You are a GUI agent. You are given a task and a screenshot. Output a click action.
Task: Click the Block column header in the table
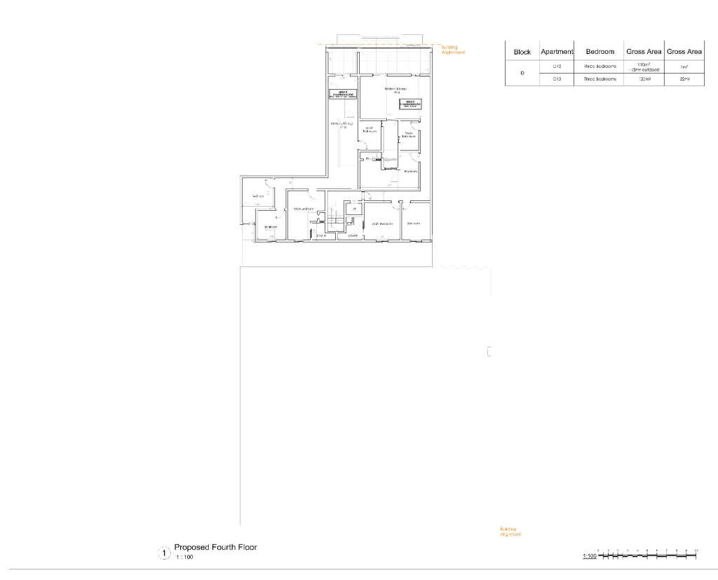click(x=522, y=52)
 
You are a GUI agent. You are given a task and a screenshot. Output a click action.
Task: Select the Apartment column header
click(x=557, y=52)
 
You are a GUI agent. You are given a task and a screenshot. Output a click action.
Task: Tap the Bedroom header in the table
click(x=600, y=52)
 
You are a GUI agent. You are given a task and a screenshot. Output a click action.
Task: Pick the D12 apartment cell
click(x=557, y=67)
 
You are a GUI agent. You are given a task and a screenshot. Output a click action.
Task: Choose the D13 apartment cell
click(x=557, y=80)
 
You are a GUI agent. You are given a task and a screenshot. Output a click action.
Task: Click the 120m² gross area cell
click(x=644, y=80)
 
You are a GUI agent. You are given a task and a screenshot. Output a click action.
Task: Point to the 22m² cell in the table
click(x=684, y=80)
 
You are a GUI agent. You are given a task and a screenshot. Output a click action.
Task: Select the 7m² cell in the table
click(x=684, y=67)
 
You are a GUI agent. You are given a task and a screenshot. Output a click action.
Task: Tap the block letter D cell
click(x=522, y=74)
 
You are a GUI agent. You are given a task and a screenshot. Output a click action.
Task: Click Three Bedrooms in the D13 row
click(x=600, y=80)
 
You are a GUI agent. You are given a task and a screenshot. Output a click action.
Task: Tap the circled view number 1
click(x=164, y=553)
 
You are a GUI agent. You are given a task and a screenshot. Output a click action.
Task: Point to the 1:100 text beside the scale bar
click(x=589, y=557)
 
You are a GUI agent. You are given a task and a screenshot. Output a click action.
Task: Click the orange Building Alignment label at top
click(x=453, y=50)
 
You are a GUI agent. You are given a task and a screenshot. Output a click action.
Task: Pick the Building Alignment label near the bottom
click(x=510, y=531)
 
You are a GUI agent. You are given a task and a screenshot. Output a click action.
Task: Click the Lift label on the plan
click(x=354, y=209)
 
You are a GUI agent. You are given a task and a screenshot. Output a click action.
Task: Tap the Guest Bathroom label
click(x=370, y=129)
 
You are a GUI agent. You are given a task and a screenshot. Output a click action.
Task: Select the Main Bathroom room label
click(x=409, y=134)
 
